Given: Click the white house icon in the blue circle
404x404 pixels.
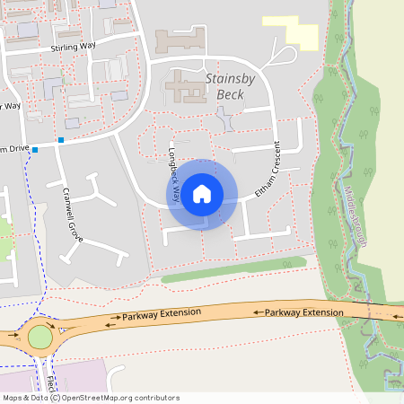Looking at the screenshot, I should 202,194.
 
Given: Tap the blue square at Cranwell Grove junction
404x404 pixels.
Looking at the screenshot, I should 61,140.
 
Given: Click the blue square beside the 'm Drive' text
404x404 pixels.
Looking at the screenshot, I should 35,150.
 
